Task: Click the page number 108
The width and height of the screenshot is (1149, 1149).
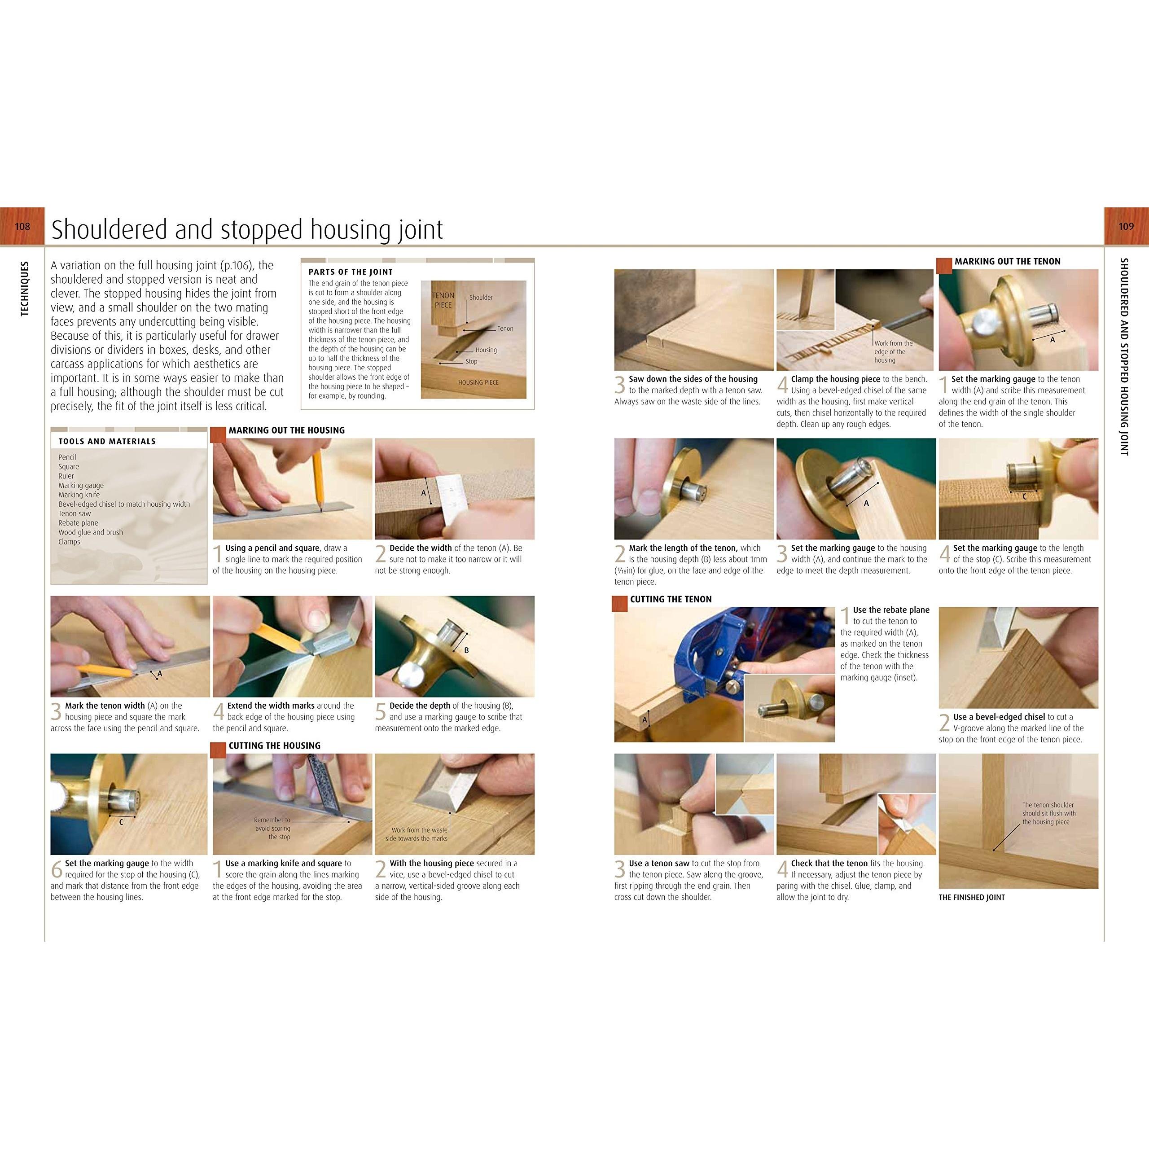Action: pos(22,227)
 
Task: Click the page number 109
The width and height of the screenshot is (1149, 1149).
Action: pos(1126,227)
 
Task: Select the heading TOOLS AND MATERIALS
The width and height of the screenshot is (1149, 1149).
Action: pos(107,441)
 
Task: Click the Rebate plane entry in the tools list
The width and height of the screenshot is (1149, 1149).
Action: pos(79,523)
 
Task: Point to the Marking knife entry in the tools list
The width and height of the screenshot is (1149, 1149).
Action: pos(79,495)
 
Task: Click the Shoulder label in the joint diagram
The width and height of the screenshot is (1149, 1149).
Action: pos(481,298)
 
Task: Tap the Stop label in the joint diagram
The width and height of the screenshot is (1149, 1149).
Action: pos(471,361)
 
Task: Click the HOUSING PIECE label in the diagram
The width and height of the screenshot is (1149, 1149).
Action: pos(478,382)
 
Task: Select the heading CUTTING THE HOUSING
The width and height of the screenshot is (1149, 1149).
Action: pos(274,746)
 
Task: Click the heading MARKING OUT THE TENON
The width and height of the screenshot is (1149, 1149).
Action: pos(1008,261)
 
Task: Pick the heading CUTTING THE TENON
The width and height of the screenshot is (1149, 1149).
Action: pos(671,600)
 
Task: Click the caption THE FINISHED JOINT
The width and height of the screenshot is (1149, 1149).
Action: pos(972,898)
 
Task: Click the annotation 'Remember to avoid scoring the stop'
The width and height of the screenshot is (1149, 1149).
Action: pos(272,829)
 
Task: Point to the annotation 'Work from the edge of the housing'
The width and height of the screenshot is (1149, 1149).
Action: pos(893,351)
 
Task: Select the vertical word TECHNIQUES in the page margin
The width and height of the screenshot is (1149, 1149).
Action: pos(24,289)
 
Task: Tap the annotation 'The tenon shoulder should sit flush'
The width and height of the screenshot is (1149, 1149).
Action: pos(1049,814)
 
